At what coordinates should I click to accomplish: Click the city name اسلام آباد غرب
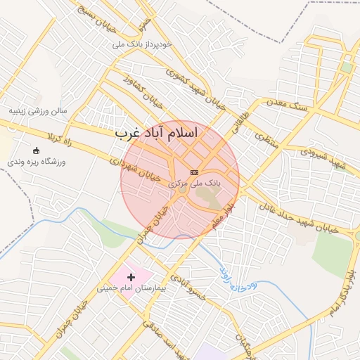156,133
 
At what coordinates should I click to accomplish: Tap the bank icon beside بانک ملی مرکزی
195,172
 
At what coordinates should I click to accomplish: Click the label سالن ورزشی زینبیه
38,111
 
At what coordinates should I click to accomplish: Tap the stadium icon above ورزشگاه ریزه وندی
37,150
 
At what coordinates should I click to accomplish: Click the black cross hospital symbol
131,277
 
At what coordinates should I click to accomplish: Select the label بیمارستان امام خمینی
127,288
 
